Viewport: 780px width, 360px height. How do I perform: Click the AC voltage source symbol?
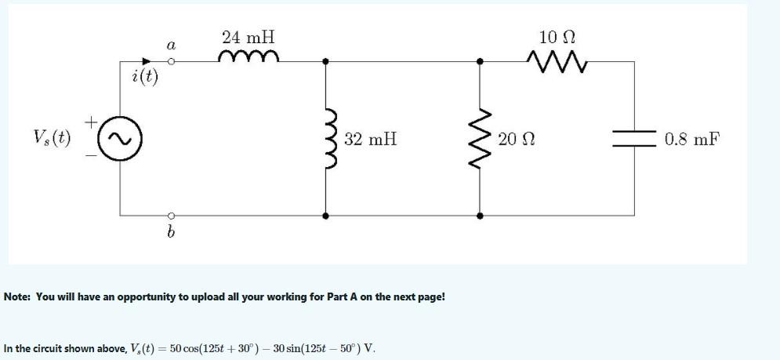(121, 140)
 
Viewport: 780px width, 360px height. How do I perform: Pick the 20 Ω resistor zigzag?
(481, 139)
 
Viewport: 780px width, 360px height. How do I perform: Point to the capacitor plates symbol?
(634, 139)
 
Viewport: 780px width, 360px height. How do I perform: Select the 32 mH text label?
(370, 140)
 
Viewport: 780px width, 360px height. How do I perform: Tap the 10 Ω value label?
(558, 36)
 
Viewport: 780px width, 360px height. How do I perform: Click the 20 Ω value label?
(516, 140)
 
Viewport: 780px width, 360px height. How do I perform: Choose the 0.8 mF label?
(691, 140)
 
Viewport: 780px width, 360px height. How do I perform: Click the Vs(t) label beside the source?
(52, 139)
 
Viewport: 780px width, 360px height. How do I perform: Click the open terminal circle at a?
(169, 61)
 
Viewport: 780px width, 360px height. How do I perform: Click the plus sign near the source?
(92, 122)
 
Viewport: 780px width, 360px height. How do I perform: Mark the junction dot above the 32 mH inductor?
(326, 61)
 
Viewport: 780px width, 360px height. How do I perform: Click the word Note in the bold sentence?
(17, 297)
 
